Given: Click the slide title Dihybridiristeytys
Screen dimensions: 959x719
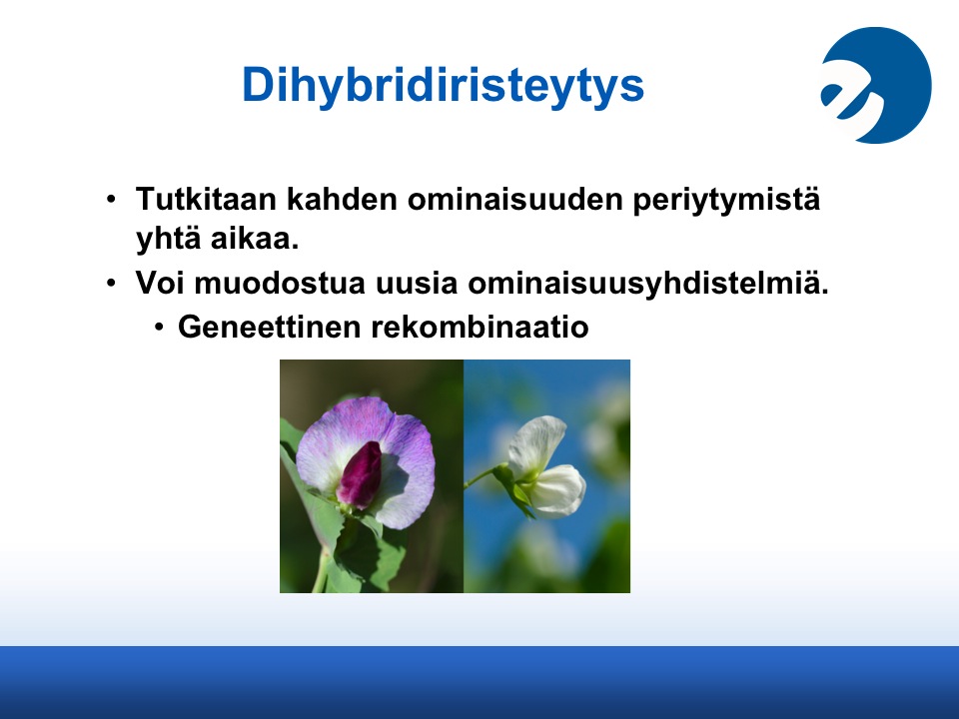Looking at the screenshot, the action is [443, 86].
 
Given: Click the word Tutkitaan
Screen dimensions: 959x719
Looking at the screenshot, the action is [206, 200].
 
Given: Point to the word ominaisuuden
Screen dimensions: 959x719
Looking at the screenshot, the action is [515, 200].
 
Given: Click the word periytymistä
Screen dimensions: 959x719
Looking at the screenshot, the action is [726, 201].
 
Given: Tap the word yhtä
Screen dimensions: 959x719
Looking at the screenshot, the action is [168, 239].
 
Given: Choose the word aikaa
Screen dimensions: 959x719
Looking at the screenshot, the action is [255, 239].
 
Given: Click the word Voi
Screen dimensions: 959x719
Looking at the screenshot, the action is [160, 283].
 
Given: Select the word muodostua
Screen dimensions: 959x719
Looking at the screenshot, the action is [280, 283].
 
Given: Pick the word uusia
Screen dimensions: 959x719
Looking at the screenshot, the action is [417, 283].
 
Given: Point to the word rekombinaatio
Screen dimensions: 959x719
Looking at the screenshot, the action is [480, 327].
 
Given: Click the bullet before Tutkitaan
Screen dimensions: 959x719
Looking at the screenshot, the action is [111, 199].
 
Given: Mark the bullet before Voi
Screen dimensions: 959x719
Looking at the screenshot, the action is [111, 283].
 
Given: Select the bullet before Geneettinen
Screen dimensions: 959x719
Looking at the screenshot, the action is [159, 328].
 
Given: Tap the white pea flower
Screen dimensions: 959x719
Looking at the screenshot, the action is [545, 467].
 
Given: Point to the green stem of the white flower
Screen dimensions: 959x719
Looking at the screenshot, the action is [480, 477].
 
